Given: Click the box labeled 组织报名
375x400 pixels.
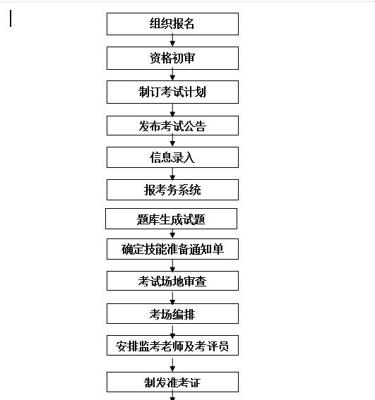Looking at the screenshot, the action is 172,24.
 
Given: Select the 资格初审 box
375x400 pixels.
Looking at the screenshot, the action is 172,58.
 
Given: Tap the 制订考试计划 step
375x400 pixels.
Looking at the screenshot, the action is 172,92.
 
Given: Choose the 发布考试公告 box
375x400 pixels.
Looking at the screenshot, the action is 172,126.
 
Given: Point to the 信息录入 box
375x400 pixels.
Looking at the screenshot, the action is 172,157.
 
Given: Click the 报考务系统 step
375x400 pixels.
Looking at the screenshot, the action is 172,190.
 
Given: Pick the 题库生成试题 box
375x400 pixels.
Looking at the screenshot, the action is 171,219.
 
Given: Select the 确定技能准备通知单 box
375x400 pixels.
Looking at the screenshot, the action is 172,249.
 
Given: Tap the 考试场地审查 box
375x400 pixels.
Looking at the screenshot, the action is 172,281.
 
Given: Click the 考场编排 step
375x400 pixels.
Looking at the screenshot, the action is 172,313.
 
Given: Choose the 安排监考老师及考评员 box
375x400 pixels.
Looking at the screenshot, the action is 172,346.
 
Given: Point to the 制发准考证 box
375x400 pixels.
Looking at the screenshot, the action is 172,382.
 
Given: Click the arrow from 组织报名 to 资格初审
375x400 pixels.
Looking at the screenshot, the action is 172,40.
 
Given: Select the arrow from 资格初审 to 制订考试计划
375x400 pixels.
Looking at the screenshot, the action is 172,75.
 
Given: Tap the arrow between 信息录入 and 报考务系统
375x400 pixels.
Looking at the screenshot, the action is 172,174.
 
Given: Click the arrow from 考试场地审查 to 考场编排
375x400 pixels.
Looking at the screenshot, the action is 172,298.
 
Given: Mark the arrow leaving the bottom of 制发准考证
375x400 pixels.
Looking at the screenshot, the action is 172,396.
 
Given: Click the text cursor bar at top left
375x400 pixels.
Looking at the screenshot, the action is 11,18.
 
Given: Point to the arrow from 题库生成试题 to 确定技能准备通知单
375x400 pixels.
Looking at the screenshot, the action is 172,234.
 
